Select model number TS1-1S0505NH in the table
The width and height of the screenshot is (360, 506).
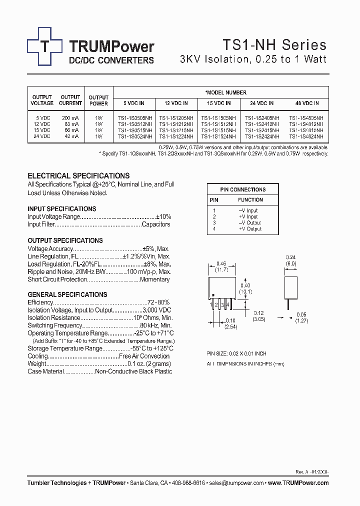pos(134,117)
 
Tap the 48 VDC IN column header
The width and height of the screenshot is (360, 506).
pos(306,103)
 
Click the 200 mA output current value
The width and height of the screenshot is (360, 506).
pos(70,117)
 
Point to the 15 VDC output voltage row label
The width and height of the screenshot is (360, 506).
pos(41,130)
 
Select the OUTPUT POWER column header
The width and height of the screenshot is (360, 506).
pos(98,100)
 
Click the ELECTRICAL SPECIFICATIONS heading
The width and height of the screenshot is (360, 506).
pos(78,176)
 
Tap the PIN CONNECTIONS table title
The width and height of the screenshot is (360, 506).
pos(242,189)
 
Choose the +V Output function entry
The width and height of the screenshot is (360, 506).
pos(250,229)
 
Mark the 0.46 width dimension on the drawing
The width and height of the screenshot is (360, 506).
pos(221,263)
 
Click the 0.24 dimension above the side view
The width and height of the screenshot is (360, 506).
pos(291,258)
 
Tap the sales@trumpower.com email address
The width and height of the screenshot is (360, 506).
pos(236,483)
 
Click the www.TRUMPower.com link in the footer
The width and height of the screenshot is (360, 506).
pos(298,483)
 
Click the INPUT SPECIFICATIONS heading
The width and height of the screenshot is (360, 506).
pos(62,209)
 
